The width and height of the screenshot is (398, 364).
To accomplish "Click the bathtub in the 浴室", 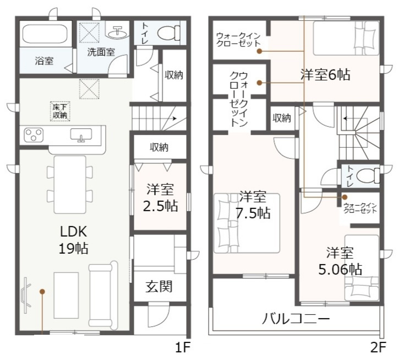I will (x=45, y=35).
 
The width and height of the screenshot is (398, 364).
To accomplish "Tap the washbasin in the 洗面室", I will (x=116, y=33).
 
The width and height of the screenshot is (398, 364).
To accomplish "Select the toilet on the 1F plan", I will (x=167, y=34).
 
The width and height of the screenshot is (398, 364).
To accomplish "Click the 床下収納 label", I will (x=59, y=111).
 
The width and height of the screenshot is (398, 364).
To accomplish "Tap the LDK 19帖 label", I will (x=73, y=239).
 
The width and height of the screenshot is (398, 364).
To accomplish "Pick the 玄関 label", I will (x=159, y=286).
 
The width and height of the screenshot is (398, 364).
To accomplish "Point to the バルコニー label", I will (x=296, y=319).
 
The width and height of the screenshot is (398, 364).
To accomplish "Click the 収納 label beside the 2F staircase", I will (x=281, y=117).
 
